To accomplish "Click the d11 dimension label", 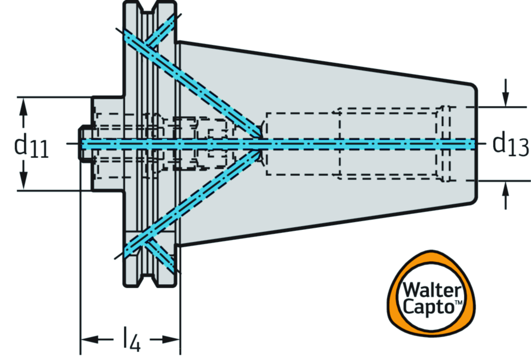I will (31, 146).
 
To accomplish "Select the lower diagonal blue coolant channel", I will (207, 192).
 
